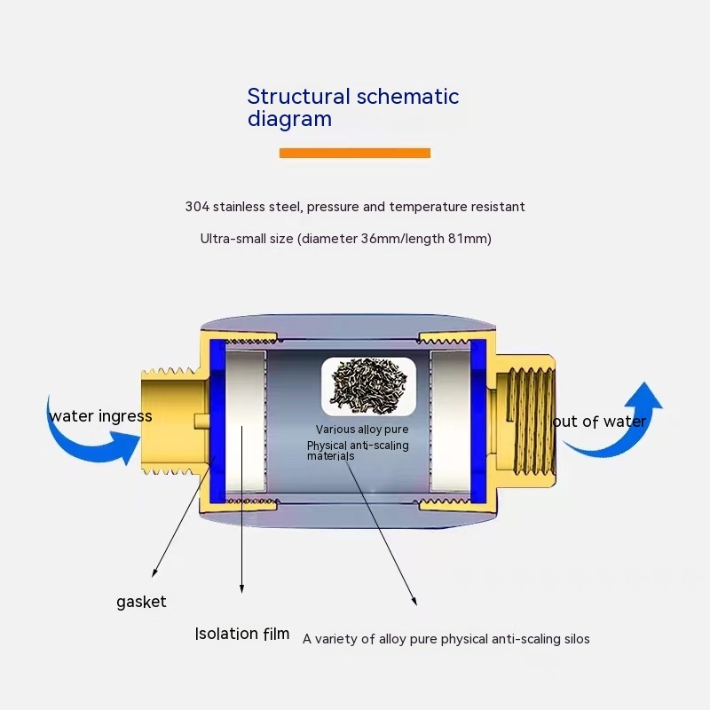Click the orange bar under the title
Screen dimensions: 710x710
pos(354,153)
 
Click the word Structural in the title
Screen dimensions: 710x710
pos(297,97)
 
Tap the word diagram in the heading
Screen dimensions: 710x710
pos(289,119)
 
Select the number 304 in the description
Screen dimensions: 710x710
pos(196,207)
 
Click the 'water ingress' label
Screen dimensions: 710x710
pos(100,416)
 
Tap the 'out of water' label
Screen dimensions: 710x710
pos(599,422)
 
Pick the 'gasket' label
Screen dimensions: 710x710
pos(141,602)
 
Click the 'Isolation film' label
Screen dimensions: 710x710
pos(242,634)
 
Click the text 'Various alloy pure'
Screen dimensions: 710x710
pos(362,430)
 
